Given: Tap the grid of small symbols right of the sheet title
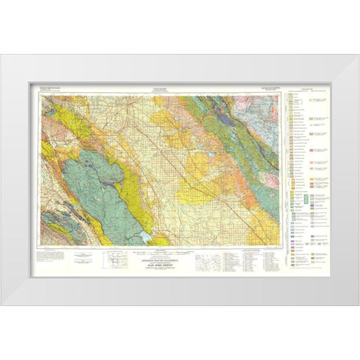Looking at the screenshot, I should click(206, 262).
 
